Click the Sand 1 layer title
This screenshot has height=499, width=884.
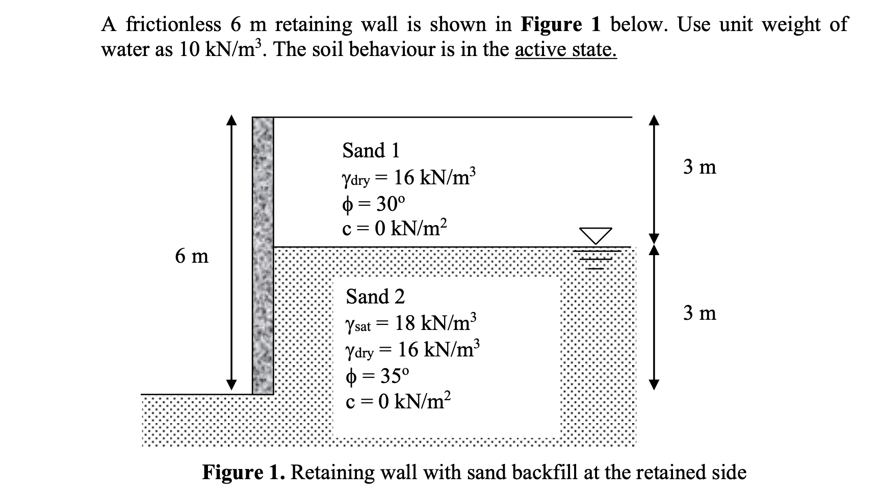(371, 151)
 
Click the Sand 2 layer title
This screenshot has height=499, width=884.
(375, 296)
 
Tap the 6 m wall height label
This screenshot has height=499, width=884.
(192, 256)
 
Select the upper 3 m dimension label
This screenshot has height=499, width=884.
(699, 167)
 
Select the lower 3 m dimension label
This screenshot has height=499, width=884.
(699, 313)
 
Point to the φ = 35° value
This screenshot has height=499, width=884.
(377, 376)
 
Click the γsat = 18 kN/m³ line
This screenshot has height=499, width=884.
(411, 323)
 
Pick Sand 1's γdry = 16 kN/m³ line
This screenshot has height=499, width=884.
(409, 178)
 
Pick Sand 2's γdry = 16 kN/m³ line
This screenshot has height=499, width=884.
(412, 350)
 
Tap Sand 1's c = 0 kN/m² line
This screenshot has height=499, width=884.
(395, 229)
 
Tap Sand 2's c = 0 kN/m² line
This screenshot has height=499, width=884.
(398, 402)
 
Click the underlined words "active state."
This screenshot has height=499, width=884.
(566, 50)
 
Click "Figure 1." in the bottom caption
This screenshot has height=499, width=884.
(244, 473)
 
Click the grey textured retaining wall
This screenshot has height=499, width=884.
(263, 255)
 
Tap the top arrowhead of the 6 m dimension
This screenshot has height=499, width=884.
(232, 120)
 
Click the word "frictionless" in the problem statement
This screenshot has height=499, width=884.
(174, 24)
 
